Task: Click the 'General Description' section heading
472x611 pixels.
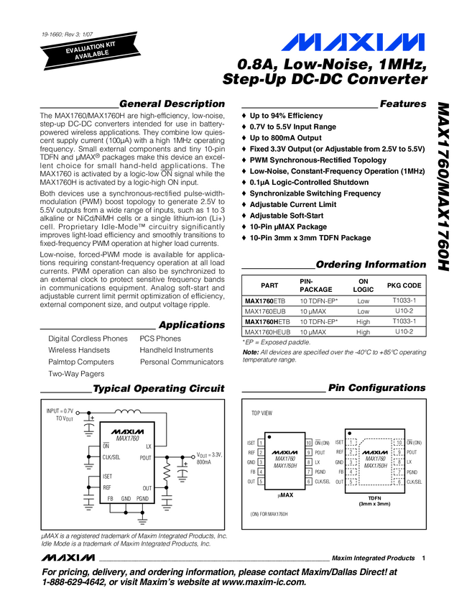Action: click(172, 104)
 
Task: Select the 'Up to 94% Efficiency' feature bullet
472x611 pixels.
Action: click(286, 116)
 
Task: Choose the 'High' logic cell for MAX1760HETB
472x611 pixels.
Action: click(363, 322)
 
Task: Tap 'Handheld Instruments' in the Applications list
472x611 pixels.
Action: click(177, 350)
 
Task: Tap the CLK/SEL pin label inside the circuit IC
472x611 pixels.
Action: click(112, 457)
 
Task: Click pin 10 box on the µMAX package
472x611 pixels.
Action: click(308, 443)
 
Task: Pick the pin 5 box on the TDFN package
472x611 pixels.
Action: click(353, 481)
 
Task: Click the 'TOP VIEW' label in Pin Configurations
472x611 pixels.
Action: click(262, 415)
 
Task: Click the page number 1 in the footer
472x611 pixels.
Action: click(425, 559)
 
